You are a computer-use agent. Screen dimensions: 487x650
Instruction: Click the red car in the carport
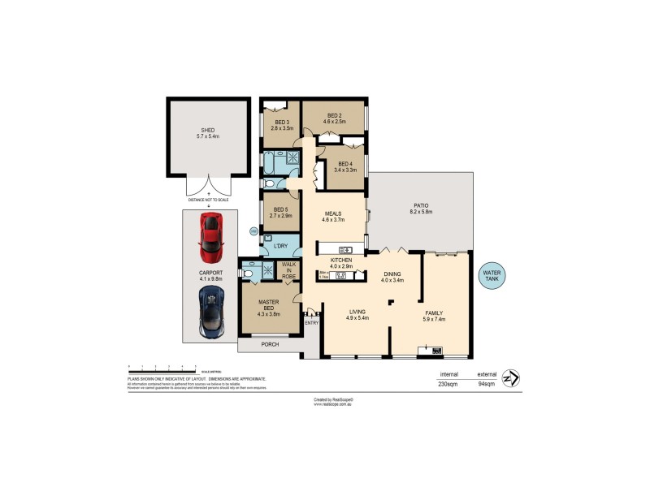[x=210, y=231]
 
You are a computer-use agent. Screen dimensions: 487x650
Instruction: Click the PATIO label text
[x=421, y=208]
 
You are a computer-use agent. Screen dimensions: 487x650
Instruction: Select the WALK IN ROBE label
[x=288, y=270]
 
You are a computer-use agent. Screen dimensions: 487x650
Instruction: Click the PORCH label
[x=270, y=345]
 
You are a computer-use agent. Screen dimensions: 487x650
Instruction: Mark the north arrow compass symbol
[x=511, y=378]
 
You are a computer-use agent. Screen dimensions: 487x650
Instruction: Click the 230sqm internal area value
[x=448, y=384]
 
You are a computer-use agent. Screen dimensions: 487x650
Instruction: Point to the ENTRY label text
[x=311, y=323]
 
